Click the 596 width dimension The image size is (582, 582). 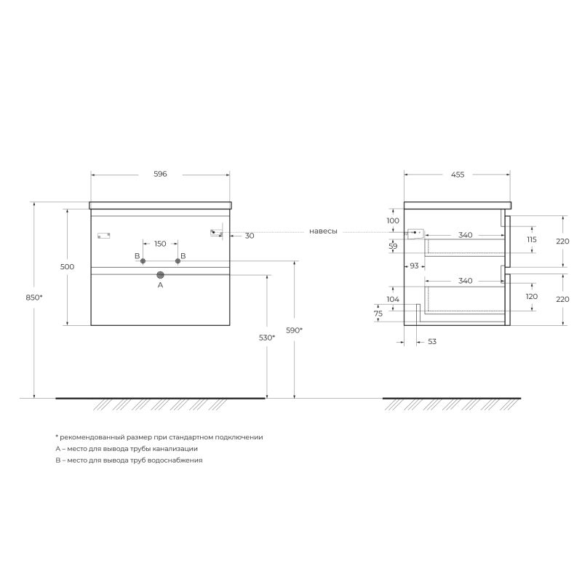[x=160, y=175]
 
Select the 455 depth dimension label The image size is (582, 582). [x=458, y=175]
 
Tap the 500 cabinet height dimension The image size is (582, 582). [x=67, y=267]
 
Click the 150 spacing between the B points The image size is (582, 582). [x=160, y=244]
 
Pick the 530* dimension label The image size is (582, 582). [x=266, y=338]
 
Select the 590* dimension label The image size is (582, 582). [x=294, y=330]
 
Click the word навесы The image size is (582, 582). [x=323, y=231]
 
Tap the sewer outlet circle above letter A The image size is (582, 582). [x=161, y=275]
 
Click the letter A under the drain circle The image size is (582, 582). [x=161, y=286]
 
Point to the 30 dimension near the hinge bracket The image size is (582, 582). [x=250, y=236]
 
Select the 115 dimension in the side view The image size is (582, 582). [x=531, y=239]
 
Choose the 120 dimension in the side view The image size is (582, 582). [x=531, y=297]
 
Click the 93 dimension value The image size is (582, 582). [x=414, y=266]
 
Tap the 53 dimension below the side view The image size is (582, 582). [x=431, y=341]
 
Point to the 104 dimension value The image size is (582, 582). [x=393, y=300]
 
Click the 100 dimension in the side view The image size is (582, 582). [x=393, y=220]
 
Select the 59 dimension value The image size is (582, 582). [x=393, y=247]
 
